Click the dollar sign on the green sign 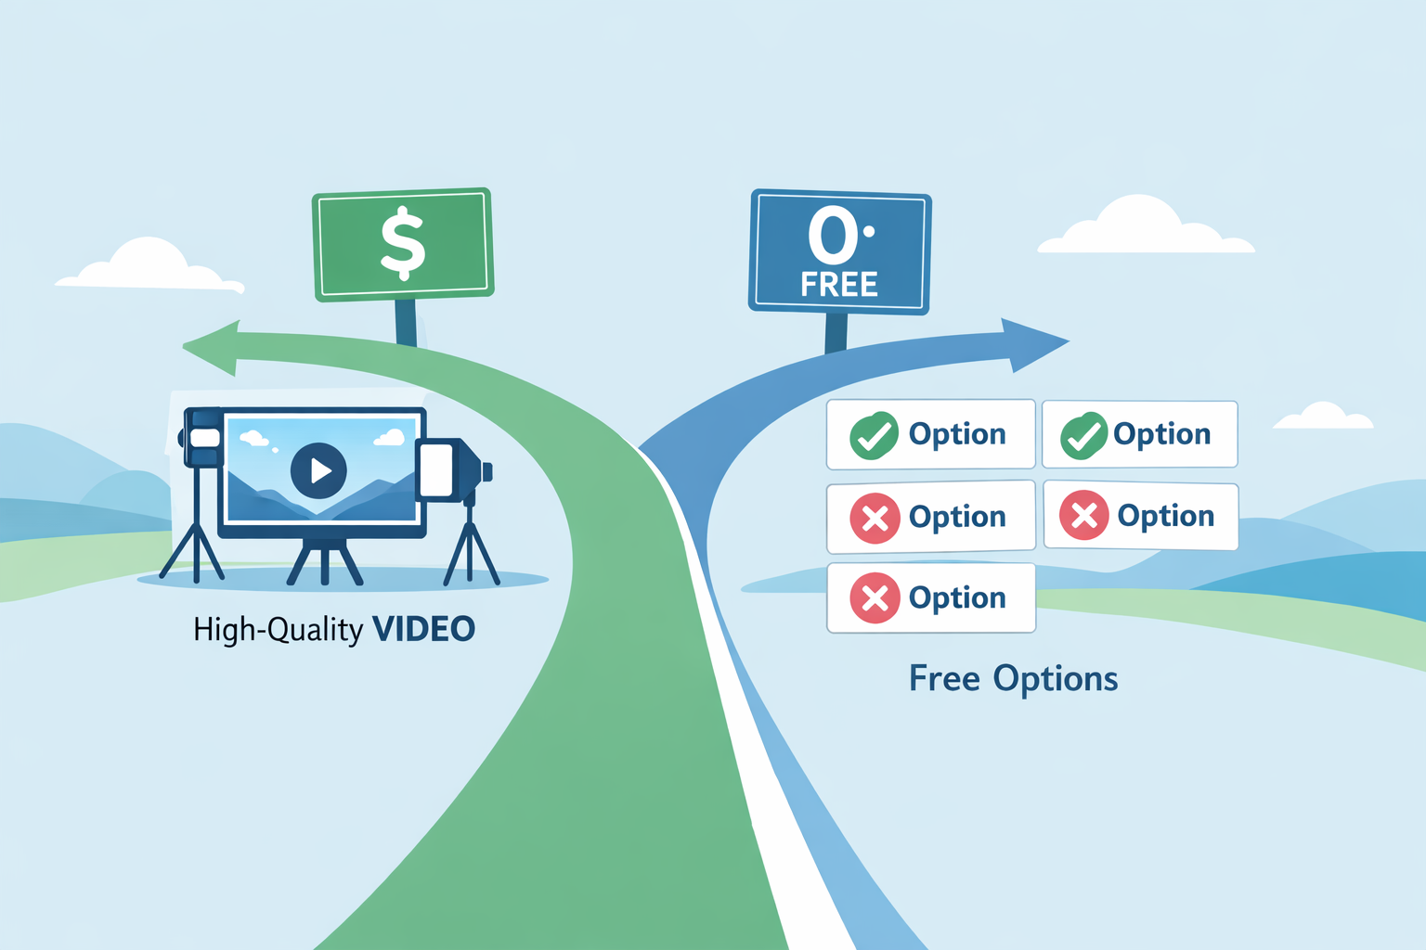[x=403, y=242]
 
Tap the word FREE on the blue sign [x=839, y=285]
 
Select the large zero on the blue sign [x=833, y=235]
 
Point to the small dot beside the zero [x=869, y=232]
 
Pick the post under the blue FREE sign [x=836, y=331]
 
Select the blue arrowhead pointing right [x=1032, y=343]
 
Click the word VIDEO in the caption [x=423, y=629]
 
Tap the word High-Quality [x=278, y=630]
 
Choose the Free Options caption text [x=1013, y=679]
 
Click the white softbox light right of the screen [x=436, y=469]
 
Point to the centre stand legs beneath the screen [x=324, y=562]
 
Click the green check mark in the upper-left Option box [x=874, y=435]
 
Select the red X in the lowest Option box [x=875, y=597]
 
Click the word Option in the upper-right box [x=1161, y=434]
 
